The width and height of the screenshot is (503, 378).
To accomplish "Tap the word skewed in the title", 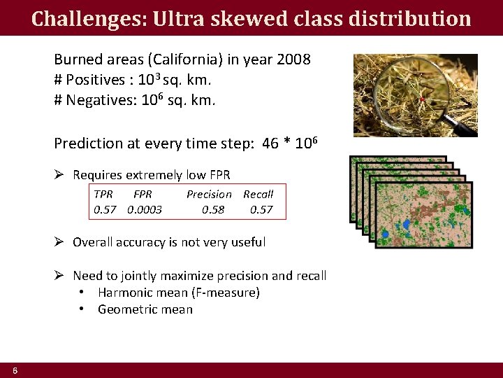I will [x=232, y=18].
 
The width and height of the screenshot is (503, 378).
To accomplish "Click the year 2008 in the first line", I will [x=294, y=59].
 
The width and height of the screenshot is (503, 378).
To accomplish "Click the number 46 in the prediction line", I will [x=270, y=143].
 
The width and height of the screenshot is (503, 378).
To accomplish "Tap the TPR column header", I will [x=103, y=194].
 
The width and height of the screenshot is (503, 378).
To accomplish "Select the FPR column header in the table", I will [x=143, y=194].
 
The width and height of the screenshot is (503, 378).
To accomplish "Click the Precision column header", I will [x=209, y=194].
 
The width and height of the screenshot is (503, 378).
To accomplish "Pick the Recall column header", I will [x=258, y=194].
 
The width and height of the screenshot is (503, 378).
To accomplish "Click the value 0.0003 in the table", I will [x=145, y=209].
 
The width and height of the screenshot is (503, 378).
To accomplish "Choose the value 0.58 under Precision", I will [x=213, y=209].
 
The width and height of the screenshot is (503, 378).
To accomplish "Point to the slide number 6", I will [x=15, y=370].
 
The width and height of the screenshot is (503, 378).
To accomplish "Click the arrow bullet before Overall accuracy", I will [x=60, y=242].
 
